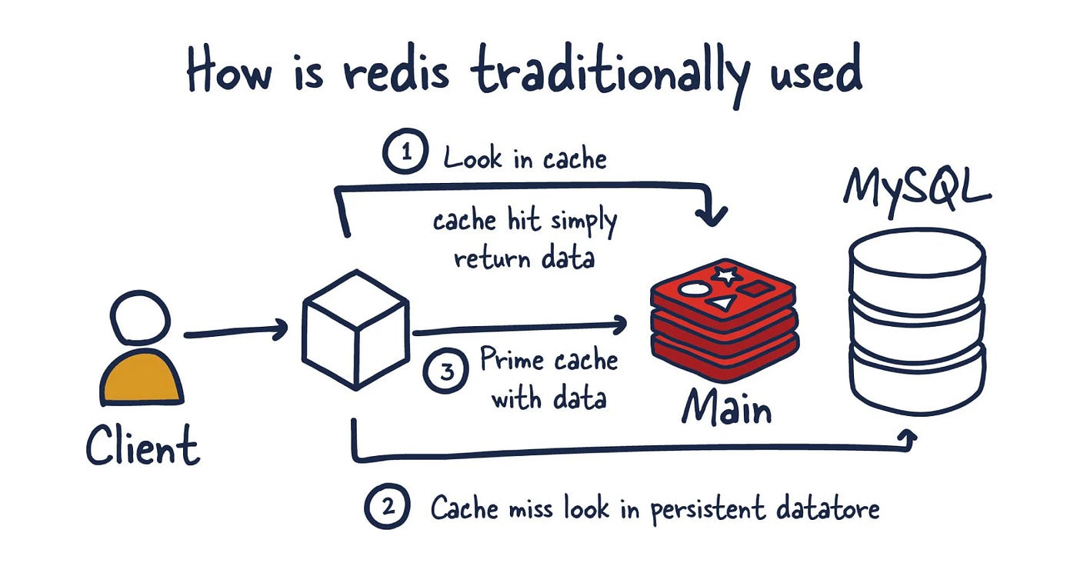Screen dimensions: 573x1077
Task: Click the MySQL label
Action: coord(916,186)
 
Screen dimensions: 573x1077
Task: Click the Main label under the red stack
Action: coord(725,407)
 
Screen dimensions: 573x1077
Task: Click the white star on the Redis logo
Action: coord(724,274)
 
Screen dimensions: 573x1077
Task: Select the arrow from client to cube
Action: coord(235,331)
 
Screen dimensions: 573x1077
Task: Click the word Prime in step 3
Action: coord(508,360)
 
